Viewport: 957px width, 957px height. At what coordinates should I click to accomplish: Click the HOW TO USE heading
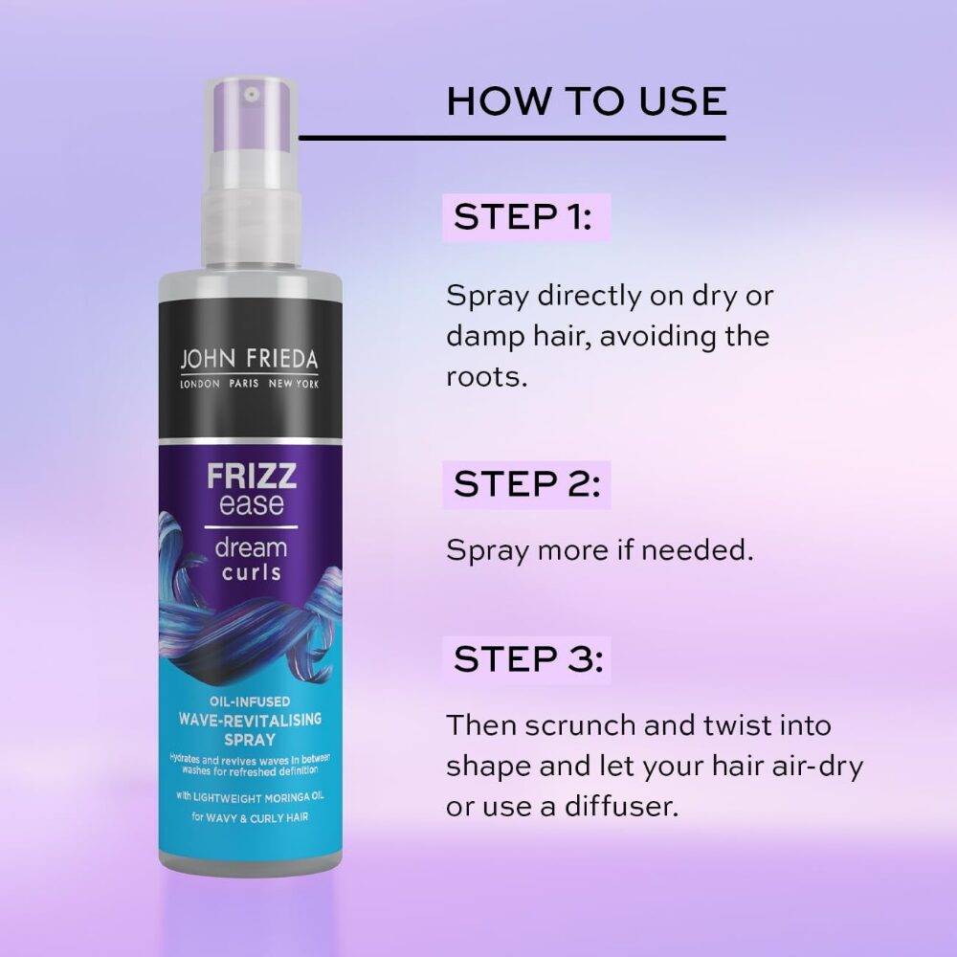coord(588,101)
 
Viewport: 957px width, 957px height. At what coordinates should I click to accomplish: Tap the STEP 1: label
coord(523,216)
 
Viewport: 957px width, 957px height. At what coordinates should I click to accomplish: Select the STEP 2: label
coord(527,484)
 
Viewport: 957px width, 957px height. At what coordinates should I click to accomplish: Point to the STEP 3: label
coord(528,659)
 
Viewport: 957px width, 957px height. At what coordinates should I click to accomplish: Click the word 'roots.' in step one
coord(486,376)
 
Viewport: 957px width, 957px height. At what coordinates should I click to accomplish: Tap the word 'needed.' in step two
coord(697,550)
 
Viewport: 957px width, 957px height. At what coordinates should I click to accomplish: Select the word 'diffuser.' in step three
coord(621,806)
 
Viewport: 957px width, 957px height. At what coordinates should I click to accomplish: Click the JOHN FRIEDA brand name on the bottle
coord(249,360)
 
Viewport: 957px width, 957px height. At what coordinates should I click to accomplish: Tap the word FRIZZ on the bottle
coord(252,476)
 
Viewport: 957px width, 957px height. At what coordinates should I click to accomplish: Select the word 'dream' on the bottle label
coord(251,547)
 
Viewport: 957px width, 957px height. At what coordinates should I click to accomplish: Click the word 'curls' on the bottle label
coord(252,572)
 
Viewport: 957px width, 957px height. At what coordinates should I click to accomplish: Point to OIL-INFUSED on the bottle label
coord(250,701)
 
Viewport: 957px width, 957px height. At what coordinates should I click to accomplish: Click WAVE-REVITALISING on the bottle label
coord(250,720)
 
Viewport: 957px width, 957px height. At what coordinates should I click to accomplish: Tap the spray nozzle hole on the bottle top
coord(252,95)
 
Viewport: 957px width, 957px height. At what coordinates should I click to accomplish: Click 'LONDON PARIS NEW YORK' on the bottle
coord(249,384)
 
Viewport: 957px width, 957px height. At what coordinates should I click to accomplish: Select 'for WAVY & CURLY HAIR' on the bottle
coord(250,817)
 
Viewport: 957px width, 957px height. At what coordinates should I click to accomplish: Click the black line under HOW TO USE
coord(512,138)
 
